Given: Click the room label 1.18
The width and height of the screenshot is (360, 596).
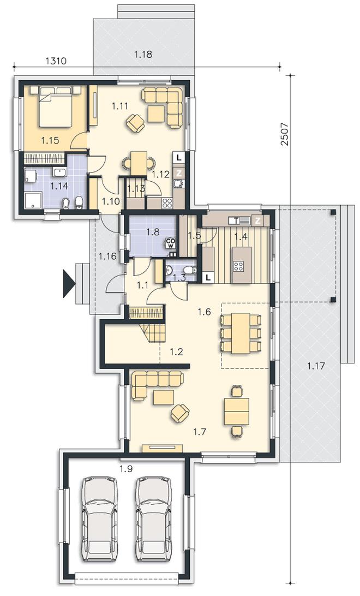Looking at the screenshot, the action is click(x=143, y=54).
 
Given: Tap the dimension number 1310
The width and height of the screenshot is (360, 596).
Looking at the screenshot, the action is click(x=56, y=61).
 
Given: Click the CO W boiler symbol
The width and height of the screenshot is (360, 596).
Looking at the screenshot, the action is click(x=170, y=243).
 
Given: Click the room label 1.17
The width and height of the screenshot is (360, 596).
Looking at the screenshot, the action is click(x=316, y=366).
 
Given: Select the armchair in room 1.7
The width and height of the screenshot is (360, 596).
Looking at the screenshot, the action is click(x=180, y=413).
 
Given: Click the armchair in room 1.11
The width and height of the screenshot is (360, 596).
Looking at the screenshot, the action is click(x=136, y=123).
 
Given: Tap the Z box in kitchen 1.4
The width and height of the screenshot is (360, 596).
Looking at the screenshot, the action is click(x=258, y=220).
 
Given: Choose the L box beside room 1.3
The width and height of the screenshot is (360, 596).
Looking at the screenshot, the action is click(x=208, y=277).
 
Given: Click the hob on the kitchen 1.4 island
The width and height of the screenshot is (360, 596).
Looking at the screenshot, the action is click(x=238, y=266).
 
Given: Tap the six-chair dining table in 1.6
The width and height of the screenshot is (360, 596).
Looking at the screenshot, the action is click(x=241, y=333).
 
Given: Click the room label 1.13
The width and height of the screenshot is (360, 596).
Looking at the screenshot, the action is click(x=136, y=188).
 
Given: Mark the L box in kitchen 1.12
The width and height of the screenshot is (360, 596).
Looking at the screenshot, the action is click(x=179, y=157).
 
